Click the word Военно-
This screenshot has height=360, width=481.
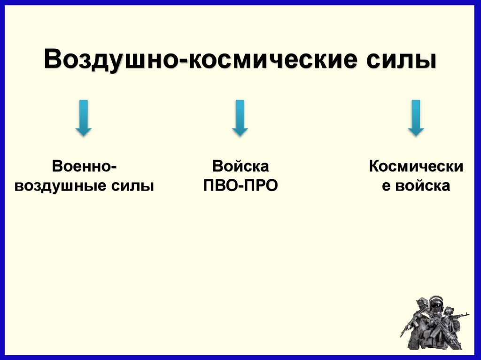pos(85,166)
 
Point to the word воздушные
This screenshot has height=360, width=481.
pos(61,185)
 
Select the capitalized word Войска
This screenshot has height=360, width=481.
pos(240,166)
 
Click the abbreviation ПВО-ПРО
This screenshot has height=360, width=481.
pos(240,185)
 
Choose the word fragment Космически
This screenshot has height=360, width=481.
pos(416,166)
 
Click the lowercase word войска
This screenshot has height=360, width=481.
pos(422,185)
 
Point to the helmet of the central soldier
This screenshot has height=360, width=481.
pos(436,299)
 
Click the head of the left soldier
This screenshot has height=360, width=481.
pos(422,303)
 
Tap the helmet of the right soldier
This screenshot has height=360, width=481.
pos(449,309)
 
